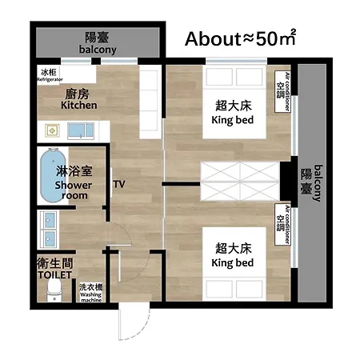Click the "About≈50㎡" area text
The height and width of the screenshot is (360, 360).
coord(240,38)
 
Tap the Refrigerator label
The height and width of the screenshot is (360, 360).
coord(50,79)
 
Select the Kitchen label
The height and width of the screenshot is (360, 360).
coord(79,105)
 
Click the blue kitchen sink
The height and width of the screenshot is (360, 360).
coord(81,131)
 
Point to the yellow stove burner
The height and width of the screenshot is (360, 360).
coord(52,130)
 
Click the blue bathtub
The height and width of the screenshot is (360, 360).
coord(53,175)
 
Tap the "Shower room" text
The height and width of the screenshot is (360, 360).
coord(74,190)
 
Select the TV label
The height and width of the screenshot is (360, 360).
coord(119,184)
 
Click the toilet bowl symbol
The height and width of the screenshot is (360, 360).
coord(54,292)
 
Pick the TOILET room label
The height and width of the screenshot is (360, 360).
coord(54,275)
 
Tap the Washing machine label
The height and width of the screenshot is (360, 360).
coord(91,298)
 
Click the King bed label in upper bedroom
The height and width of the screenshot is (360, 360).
coord(233,120)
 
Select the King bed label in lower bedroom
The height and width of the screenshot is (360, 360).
coord(233,263)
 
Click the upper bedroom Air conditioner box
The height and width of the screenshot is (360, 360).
coord(282,91)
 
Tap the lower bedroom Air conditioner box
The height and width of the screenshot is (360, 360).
coord(282,225)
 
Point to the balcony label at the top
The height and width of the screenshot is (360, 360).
coord(98,50)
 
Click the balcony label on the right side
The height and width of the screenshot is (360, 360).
coord(318,183)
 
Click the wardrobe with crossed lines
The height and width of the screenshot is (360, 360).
coord(240,182)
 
